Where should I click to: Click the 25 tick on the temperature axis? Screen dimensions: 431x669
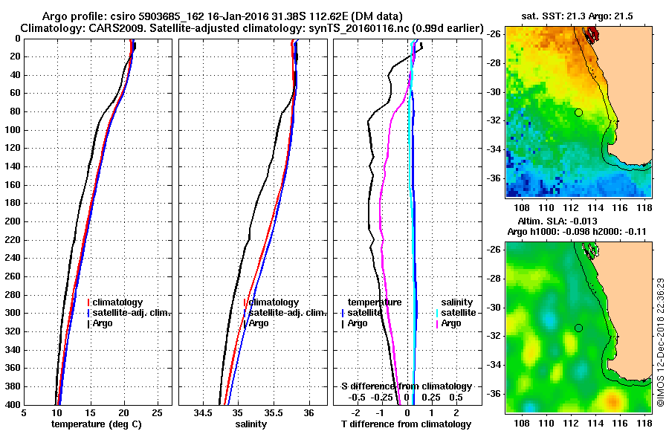[x=157, y=414]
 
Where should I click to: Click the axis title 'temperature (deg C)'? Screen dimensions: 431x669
[x=96, y=424]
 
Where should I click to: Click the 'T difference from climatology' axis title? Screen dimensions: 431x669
[x=406, y=424]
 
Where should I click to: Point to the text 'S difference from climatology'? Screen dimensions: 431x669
[x=406, y=386]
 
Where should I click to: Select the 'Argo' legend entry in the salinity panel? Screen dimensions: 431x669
[x=259, y=323]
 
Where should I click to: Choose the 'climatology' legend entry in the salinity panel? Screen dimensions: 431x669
[x=274, y=302]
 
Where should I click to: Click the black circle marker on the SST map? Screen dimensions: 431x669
[x=578, y=112]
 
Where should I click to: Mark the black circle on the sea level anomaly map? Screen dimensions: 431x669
[x=578, y=328]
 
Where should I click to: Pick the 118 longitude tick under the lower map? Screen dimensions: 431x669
[x=644, y=421]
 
